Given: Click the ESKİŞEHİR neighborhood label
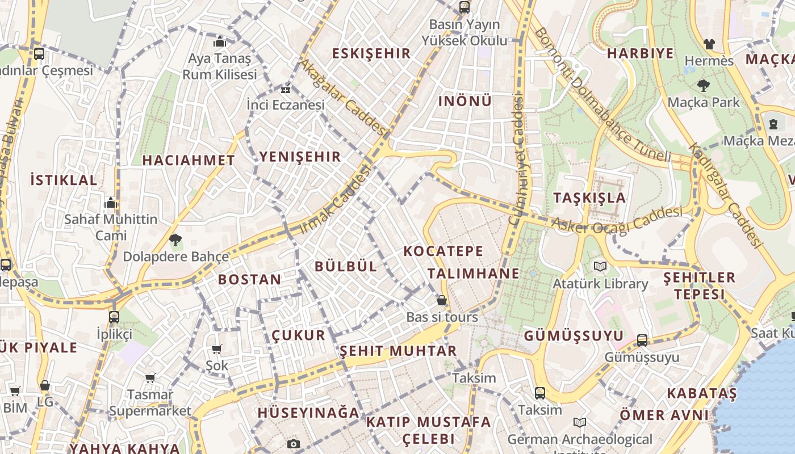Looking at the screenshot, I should pyautogui.click(x=371, y=54).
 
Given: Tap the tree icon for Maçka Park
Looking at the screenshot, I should pyautogui.click(x=704, y=86).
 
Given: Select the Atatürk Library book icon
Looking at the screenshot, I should pyautogui.click(x=600, y=266).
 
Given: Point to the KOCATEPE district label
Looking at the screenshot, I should pyautogui.click(x=443, y=251).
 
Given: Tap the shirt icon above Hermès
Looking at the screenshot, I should pyautogui.click(x=709, y=44).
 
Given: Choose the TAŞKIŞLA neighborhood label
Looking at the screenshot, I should pyautogui.click(x=589, y=198).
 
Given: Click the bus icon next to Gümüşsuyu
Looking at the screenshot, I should pyautogui.click(x=642, y=340).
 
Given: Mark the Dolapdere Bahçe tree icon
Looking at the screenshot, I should pyautogui.click(x=175, y=240).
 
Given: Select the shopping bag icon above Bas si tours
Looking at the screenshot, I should pyautogui.click(x=442, y=300).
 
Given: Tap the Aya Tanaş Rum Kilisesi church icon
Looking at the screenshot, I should pyautogui.click(x=220, y=41).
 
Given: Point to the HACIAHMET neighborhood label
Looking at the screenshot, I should pyautogui.click(x=189, y=161).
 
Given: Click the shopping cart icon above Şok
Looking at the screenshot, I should pyautogui.click(x=216, y=349).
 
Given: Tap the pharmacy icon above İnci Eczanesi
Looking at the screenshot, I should pyautogui.click(x=286, y=89).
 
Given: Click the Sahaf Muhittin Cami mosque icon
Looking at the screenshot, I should pyautogui.click(x=111, y=203).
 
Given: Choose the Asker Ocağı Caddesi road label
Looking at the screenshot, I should pyautogui.click(x=617, y=220).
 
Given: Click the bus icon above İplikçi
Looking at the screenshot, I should pyautogui.click(x=114, y=317).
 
